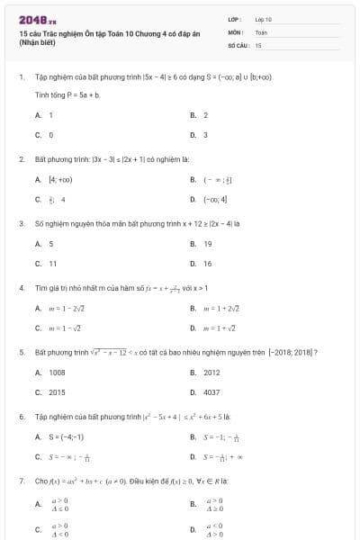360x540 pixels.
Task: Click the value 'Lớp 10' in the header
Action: (x=264, y=18)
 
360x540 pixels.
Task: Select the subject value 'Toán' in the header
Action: (x=261, y=31)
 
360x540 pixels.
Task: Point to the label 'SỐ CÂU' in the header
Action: (x=238, y=44)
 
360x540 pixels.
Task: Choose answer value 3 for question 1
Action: (x=205, y=135)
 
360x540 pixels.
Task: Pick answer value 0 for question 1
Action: (x=50, y=135)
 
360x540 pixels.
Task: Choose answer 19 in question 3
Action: (x=207, y=244)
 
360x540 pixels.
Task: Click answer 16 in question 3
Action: (x=207, y=264)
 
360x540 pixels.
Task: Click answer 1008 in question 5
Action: (x=56, y=373)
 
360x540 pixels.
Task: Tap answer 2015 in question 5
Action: (x=56, y=392)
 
